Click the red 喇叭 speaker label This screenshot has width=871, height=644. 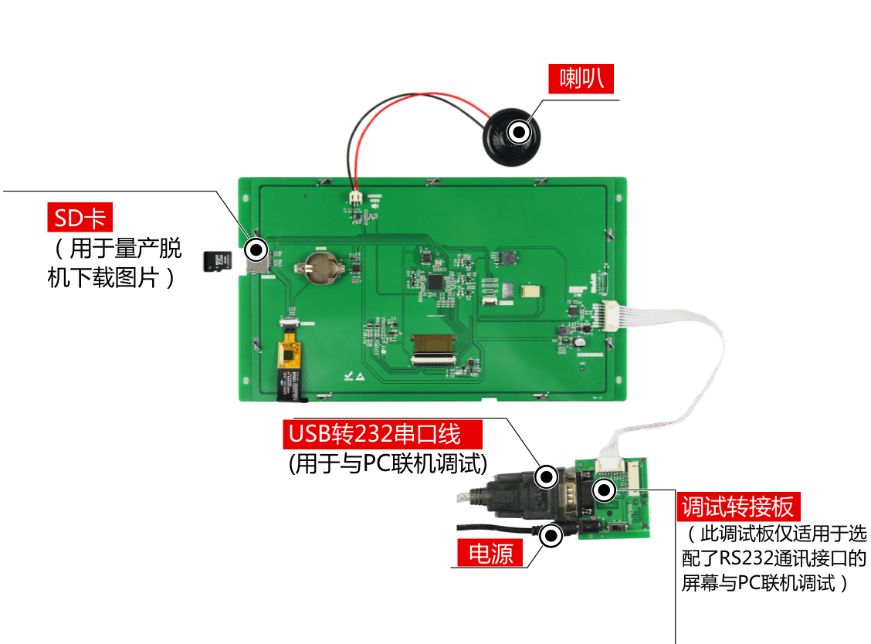click(x=581, y=78)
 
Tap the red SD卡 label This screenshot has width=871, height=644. click(x=80, y=217)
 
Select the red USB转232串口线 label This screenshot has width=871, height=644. click(x=382, y=434)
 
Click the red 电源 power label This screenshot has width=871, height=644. click(x=490, y=553)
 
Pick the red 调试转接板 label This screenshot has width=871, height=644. click(x=738, y=507)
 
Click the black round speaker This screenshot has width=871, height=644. click(x=512, y=137)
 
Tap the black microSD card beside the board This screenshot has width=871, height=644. click(x=217, y=261)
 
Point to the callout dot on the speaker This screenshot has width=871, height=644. click(x=520, y=132)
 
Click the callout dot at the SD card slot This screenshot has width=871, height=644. click(x=256, y=250)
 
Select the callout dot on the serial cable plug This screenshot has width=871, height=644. click(x=547, y=476)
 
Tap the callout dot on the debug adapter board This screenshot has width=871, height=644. click(x=605, y=490)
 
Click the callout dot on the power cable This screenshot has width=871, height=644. click(x=551, y=536)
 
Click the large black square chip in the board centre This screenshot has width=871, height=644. click(x=436, y=282)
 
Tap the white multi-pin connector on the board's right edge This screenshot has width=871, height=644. click(x=610, y=316)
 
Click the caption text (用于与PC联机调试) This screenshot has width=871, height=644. click(x=388, y=463)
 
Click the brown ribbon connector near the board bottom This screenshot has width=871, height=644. click(x=432, y=344)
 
